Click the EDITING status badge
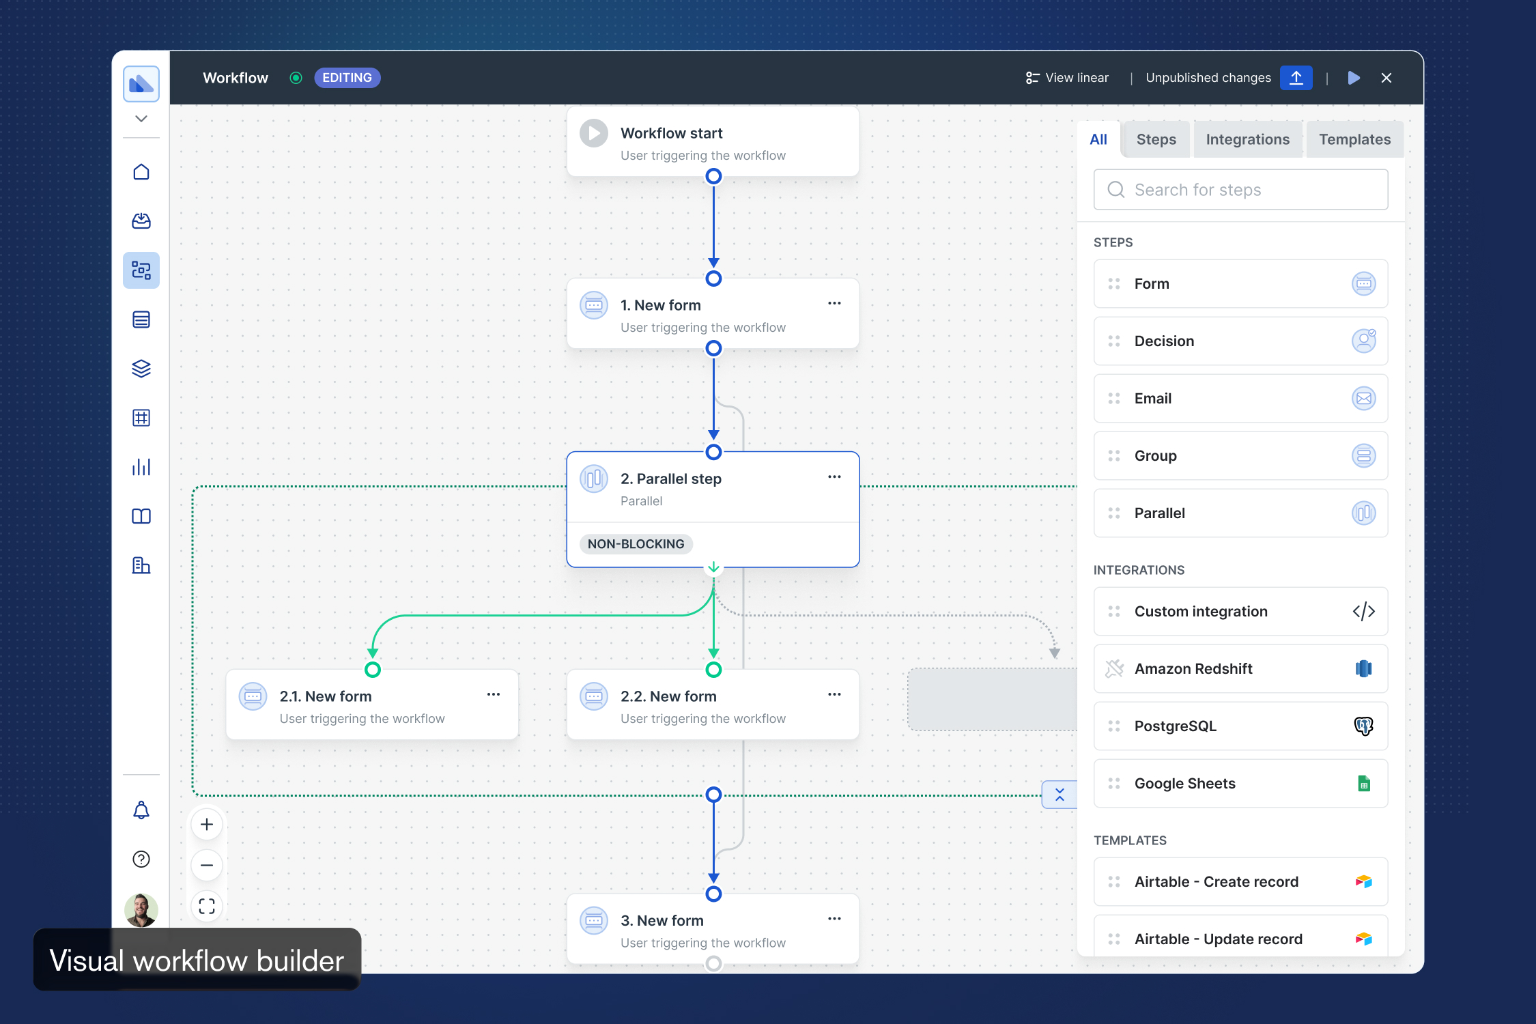[x=347, y=78]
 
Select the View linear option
[x=1067, y=78]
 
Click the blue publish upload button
[x=1296, y=78]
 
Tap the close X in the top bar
[x=1386, y=78]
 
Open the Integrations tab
[x=1247, y=139]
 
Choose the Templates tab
[x=1354, y=139]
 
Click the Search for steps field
[x=1240, y=190]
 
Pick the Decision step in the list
[x=1240, y=341]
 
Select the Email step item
[x=1240, y=399]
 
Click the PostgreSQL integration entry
[x=1240, y=726]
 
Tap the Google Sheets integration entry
[x=1240, y=784]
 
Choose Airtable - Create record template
[x=1240, y=882]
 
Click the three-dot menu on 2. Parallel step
[x=834, y=477]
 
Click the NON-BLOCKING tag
[x=636, y=544]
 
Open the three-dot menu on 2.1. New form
[x=494, y=695]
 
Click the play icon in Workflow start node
[x=594, y=133]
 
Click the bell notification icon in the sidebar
[x=141, y=810]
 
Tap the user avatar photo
[x=141, y=910]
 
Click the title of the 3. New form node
[x=662, y=921]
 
